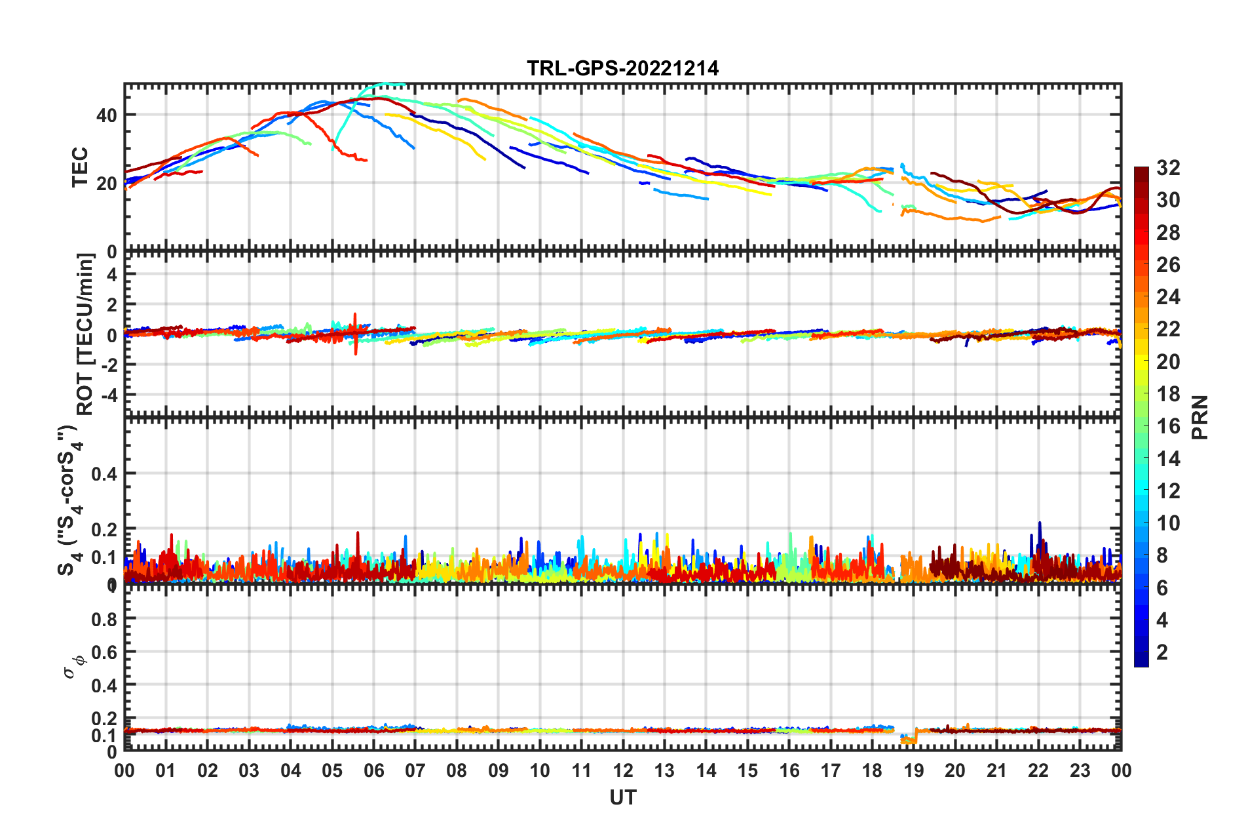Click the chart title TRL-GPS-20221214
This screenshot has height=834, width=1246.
click(x=622, y=68)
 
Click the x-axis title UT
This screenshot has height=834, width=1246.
click(x=622, y=797)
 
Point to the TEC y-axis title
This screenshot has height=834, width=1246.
click(x=80, y=167)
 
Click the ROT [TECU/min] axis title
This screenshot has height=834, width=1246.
click(x=85, y=334)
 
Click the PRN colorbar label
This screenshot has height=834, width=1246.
click(x=1199, y=417)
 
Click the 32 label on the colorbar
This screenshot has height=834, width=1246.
click(x=1168, y=168)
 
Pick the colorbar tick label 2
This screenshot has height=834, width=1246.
click(x=1162, y=652)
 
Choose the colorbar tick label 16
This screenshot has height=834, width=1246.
click(x=1168, y=426)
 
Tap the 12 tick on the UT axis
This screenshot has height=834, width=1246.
click(x=622, y=770)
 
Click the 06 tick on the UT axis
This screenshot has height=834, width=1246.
click(x=373, y=770)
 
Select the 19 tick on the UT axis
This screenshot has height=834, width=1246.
click(x=913, y=770)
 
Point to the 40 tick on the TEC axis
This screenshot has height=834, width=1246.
click(x=106, y=115)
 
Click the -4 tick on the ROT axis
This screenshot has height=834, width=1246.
click(x=109, y=395)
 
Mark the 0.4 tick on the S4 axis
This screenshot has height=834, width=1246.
click(x=104, y=473)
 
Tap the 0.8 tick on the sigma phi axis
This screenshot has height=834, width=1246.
click(x=104, y=619)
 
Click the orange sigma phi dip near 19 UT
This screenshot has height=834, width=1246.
click(x=910, y=740)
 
